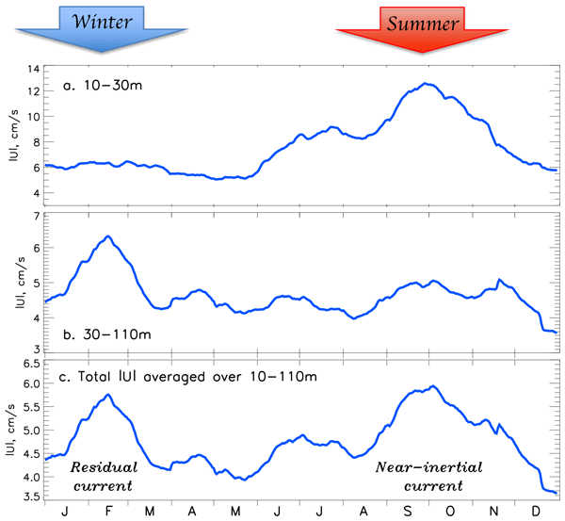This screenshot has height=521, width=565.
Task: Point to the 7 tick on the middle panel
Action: [36, 217]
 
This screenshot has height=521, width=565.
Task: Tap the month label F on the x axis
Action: [108, 511]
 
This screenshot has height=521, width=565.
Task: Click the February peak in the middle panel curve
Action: [108, 236]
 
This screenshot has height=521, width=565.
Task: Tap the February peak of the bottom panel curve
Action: [108, 394]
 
